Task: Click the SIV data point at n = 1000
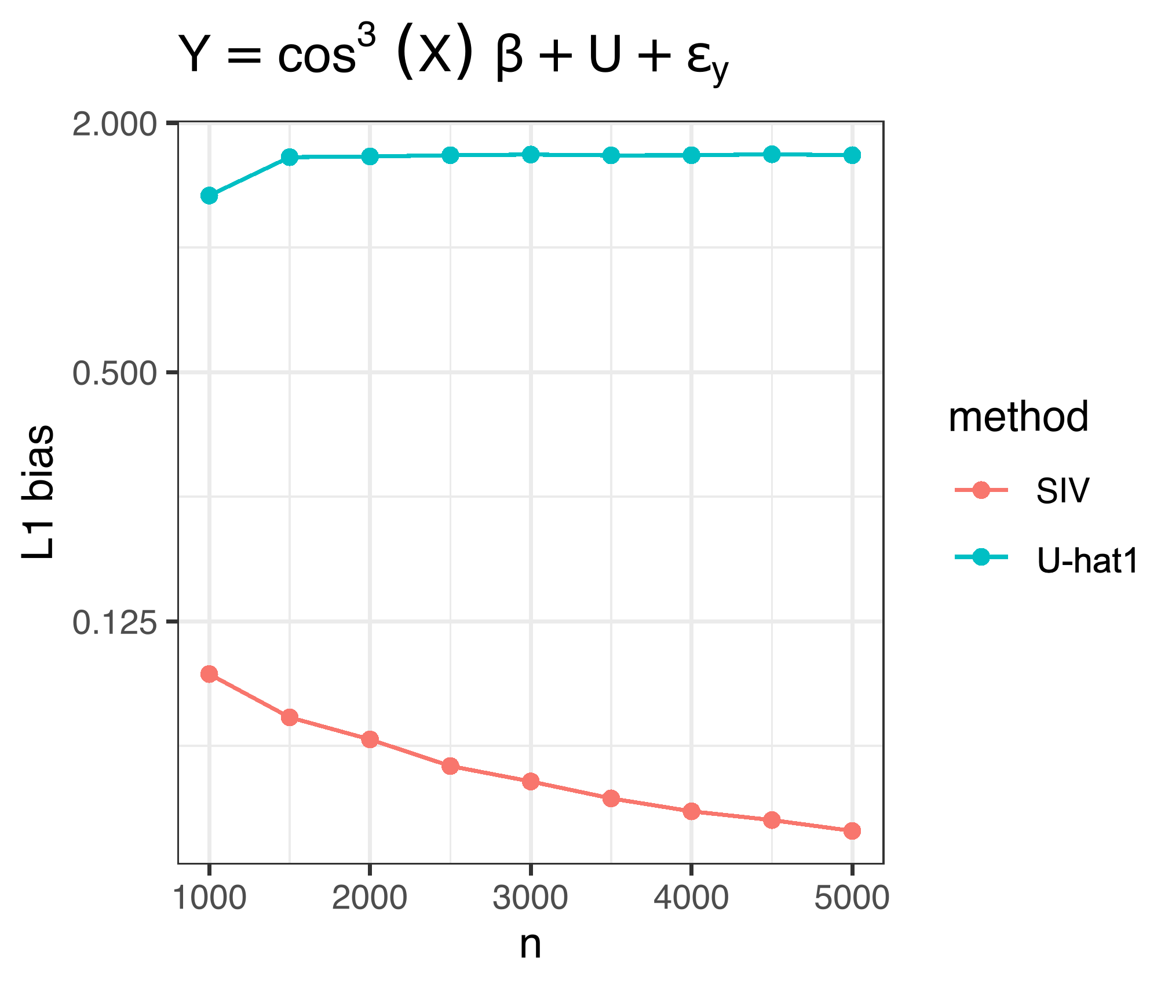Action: pyautogui.click(x=209, y=674)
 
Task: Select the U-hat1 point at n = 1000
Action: pyautogui.click(x=209, y=196)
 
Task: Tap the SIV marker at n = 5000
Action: pyautogui.click(x=852, y=831)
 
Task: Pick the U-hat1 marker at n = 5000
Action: pyautogui.click(x=852, y=155)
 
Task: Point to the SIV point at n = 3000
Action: pyautogui.click(x=531, y=782)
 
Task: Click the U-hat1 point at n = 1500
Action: pyautogui.click(x=290, y=157)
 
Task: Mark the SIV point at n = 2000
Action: pyautogui.click(x=370, y=739)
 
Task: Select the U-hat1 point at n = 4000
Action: pyautogui.click(x=691, y=155)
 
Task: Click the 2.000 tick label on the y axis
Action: pyautogui.click(x=115, y=125)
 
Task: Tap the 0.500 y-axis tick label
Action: pyautogui.click(x=115, y=373)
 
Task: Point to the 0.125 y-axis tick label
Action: pyautogui.click(x=115, y=622)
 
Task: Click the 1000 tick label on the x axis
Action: pyautogui.click(x=210, y=898)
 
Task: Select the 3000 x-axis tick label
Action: pyautogui.click(x=530, y=898)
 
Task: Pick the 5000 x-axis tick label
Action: pyautogui.click(x=852, y=898)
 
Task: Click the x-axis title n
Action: pyautogui.click(x=530, y=945)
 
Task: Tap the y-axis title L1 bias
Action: pyautogui.click(x=38, y=493)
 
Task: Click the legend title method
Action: pyautogui.click(x=1018, y=417)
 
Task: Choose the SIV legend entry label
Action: pyautogui.click(x=1063, y=491)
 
